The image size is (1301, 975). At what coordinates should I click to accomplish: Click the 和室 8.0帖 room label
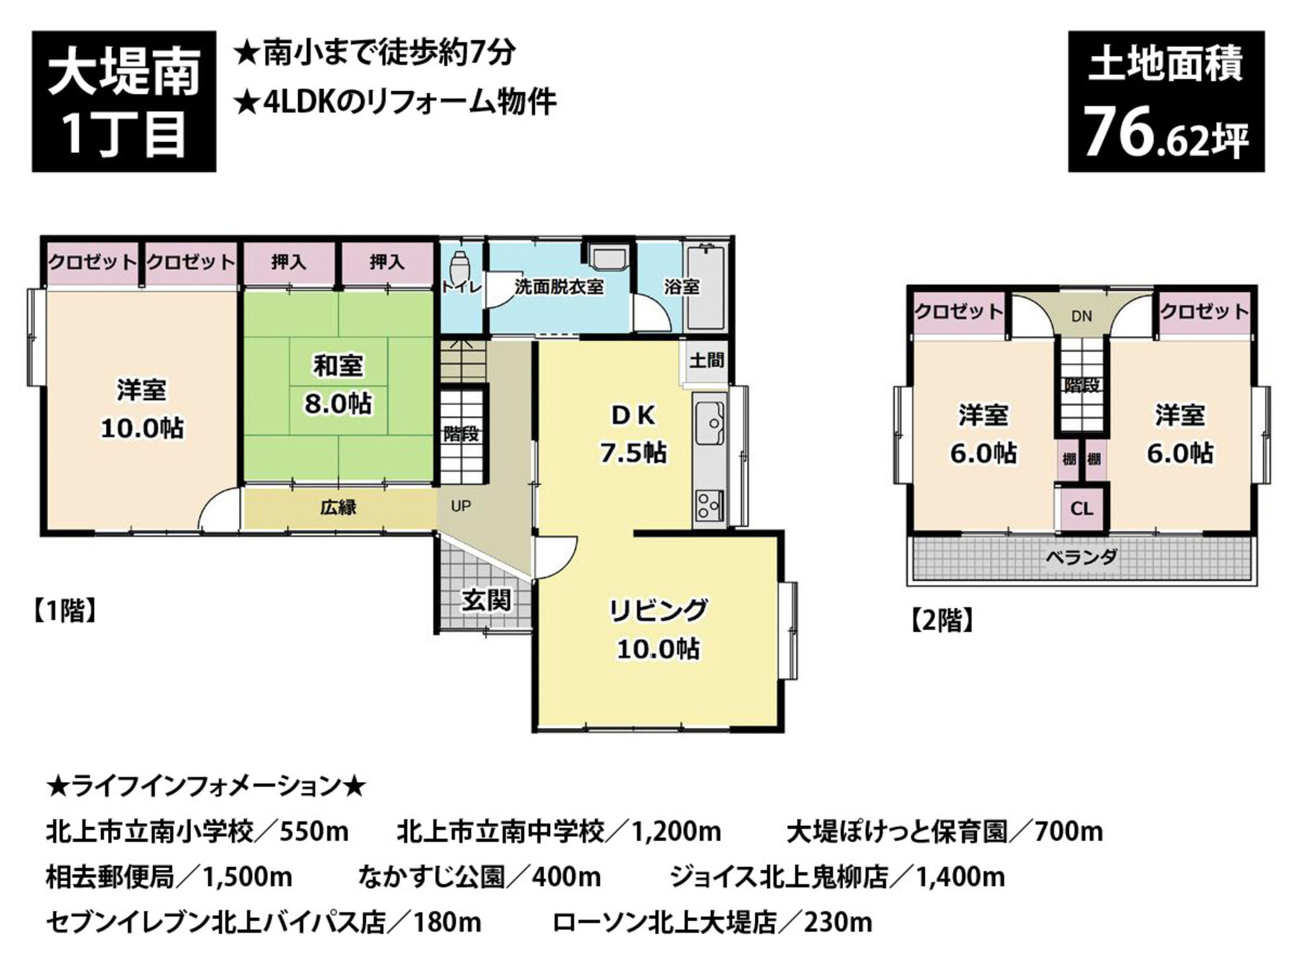338,385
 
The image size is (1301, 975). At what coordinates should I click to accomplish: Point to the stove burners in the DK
709,506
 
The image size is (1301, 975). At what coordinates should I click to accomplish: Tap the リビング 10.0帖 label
658,629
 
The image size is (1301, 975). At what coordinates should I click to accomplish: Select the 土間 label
706,360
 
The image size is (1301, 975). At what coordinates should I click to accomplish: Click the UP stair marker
461,506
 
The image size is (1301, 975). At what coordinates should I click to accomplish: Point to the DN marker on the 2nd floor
1081,315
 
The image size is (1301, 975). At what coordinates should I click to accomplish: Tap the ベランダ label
1081,557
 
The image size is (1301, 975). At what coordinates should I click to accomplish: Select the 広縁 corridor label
338,507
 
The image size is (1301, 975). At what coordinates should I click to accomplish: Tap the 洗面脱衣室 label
559,287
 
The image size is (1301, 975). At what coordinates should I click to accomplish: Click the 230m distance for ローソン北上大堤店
838,923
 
